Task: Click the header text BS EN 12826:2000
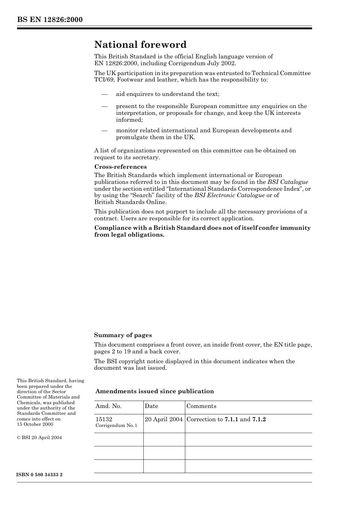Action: click(50, 20)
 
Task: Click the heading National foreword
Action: click(140, 45)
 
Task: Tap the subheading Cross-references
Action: click(120, 167)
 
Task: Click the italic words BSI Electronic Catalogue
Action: click(229, 195)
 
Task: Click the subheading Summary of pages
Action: click(123, 335)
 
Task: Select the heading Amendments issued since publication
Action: click(154, 391)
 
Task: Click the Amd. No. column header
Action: click(108, 406)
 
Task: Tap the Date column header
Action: click(151, 406)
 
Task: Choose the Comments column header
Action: click(201, 406)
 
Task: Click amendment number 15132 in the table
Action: click(104, 419)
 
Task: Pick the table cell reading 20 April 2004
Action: click(164, 419)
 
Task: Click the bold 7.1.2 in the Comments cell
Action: click(259, 419)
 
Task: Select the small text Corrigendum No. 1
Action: click(116, 425)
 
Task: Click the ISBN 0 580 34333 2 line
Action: click(40, 475)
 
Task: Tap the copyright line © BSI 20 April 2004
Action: click(39, 438)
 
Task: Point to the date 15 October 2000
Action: click(35, 424)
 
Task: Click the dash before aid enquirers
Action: click(104, 94)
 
